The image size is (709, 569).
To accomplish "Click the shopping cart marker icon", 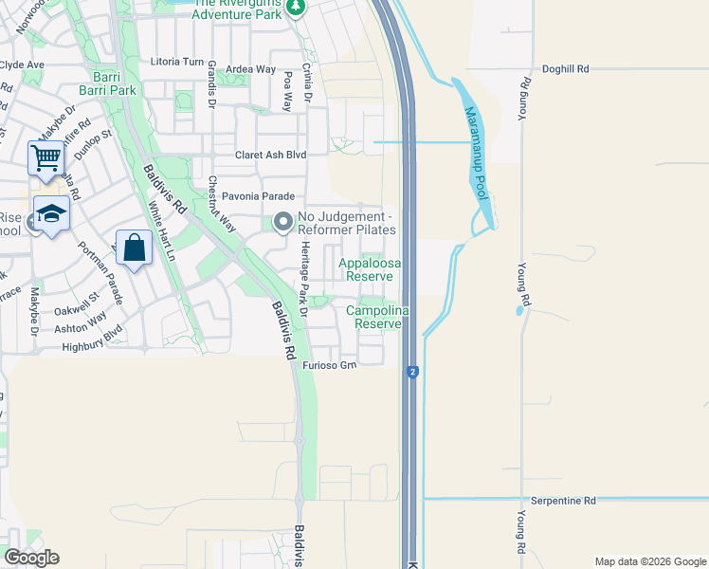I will click(x=45, y=158).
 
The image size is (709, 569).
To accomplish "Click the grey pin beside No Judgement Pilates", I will click(x=282, y=223).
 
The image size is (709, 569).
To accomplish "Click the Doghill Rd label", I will click(x=566, y=69).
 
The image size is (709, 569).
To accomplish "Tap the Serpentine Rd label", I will click(x=563, y=500).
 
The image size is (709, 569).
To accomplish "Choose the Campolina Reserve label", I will click(x=376, y=317).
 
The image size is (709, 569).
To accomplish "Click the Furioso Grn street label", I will click(x=329, y=365).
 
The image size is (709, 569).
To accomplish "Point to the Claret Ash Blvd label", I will click(x=271, y=155).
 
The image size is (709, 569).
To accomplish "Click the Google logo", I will click(x=31, y=557).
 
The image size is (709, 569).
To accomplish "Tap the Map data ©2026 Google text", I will click(x=649, y=561).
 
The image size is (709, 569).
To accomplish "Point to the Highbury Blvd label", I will click(x=93, y=347).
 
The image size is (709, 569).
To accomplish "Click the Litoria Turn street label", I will click(x=178, y=61).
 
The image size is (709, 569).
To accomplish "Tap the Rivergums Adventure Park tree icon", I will click(x=296, y=8).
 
